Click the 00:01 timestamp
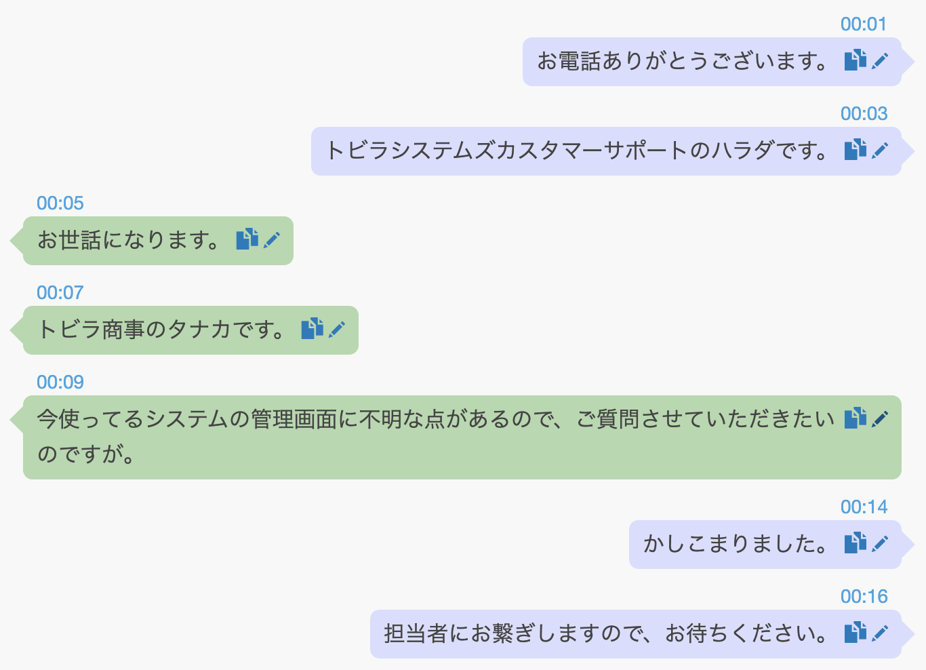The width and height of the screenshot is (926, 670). [863, 24]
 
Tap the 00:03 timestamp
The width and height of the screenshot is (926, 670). [863, 114]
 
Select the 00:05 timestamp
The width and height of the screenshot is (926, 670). [60, 203]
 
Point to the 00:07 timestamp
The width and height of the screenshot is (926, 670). [60, 293]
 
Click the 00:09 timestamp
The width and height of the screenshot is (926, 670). [60, 382]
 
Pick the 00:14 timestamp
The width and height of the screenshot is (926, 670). [863, 507]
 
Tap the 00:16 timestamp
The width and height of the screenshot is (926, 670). [863, 597]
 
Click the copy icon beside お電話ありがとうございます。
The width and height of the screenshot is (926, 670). [855, 60]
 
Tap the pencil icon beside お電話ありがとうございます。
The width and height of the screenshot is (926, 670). [880, 61]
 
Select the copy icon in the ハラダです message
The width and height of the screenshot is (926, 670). [855, 150]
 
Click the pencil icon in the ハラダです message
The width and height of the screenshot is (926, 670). [880, 151]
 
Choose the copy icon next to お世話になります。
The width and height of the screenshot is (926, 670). [247, 239]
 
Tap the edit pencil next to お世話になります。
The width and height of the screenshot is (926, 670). [272, 240]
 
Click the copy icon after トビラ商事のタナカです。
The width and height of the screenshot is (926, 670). [312, 329]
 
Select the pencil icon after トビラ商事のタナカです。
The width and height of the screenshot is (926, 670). [337, 330]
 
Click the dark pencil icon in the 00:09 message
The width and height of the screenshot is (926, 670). [880, 419]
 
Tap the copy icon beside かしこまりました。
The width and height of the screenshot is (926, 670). [855, 543]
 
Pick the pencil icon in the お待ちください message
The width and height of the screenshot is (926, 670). [880, 633]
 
